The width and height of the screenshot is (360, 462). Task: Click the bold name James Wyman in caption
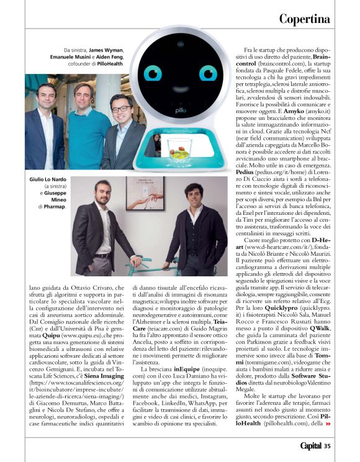tap(106, 50)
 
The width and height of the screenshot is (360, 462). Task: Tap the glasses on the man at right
tap(121, 109)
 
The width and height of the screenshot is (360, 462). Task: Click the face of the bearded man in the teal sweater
tap(82, 96)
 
